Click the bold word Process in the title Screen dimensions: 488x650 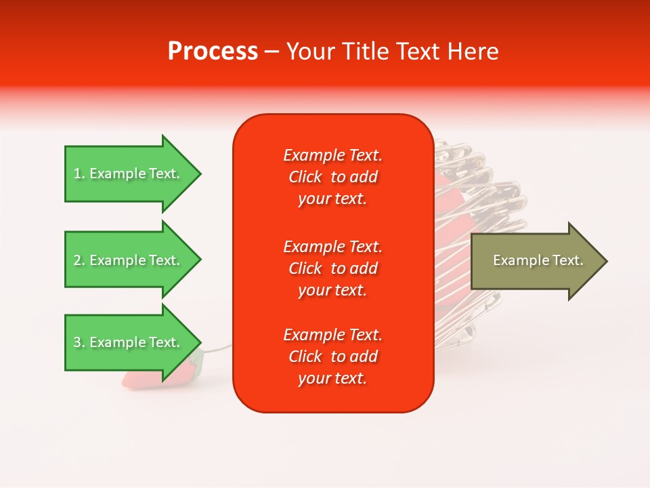pos(213,52)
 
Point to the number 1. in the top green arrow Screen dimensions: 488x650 pos(79,174)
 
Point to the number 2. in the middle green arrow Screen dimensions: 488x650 pos(79,260)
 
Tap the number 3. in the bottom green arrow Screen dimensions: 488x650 pos(79,343)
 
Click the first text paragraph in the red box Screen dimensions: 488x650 pos(332,177)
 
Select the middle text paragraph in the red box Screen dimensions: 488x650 pos(332,268)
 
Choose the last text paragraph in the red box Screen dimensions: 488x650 pos(332,357)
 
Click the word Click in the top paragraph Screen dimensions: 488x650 pos(305,178)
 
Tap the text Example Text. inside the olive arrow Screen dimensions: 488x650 pos(538,260)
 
